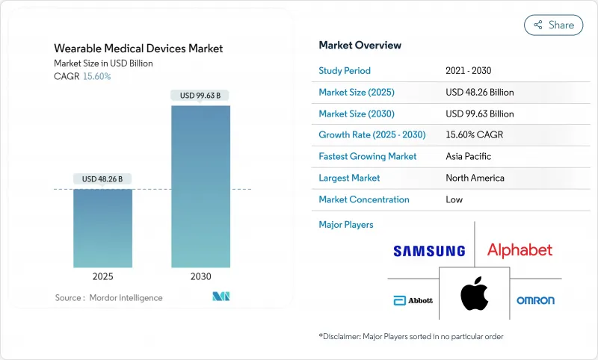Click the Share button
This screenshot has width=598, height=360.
coord(554,25)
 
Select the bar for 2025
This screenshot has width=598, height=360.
coord(102,228)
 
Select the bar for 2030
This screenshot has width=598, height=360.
coord(200,187)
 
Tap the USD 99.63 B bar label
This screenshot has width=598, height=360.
coord(200,95)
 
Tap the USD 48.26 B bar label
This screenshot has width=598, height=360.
coord(102,179)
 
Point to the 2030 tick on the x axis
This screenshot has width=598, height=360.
coord(200,276)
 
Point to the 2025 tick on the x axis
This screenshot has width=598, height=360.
coord(102,276)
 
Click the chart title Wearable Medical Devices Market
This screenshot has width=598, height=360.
coord(138,49)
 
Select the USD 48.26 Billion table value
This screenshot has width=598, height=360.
coord(479,93)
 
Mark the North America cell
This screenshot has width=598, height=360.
coord(474,178)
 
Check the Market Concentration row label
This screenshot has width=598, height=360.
coord(364,199)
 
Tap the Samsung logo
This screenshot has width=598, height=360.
coord(430,251)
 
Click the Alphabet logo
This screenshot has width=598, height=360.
coord(520,250)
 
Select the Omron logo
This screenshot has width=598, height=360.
coord(535,300)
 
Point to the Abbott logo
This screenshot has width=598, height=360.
coord(413,300)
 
